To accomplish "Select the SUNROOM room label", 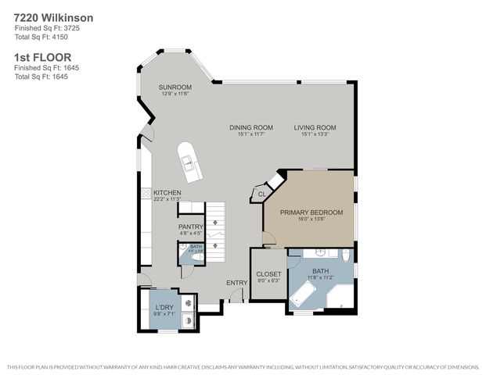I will coord(175,87).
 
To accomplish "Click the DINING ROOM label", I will coord(250,127).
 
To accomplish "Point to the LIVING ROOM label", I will coord(315,127).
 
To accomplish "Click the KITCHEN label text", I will coord(167,192).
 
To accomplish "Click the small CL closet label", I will coord(261,194).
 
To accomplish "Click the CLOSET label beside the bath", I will coord(268,274).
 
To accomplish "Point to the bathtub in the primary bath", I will coord(302,295).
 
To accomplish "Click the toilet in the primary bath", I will coord(344,255).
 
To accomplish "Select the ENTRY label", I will coord(236,283).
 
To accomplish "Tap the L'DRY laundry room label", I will coord(164,307).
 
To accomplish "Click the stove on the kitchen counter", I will coord(146,193).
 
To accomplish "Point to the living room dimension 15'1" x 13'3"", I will coord(315,134).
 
